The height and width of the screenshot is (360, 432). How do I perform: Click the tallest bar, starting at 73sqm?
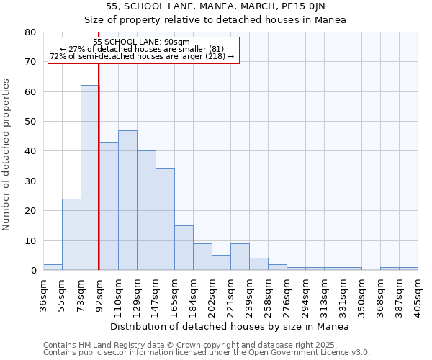pos(90,178)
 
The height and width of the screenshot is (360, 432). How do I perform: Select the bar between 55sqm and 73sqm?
pos(71,234)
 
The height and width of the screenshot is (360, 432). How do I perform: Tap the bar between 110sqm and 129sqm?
pos(127,200)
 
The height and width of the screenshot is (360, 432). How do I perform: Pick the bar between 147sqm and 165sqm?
pos(165,220)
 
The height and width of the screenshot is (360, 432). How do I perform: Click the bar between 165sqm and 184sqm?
pos(184,248)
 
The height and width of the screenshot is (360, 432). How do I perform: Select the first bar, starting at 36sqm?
pos(53,267)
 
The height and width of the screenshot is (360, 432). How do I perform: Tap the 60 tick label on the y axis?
pos(30,92)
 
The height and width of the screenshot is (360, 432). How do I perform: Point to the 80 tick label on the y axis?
pos(30,32)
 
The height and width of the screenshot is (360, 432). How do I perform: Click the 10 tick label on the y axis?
pos(30,240)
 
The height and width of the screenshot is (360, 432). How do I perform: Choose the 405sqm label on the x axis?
pos(418,293)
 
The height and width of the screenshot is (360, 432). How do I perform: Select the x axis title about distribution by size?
pos(230,326)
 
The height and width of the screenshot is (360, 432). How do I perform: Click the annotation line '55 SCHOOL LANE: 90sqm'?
pos(142,42)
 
